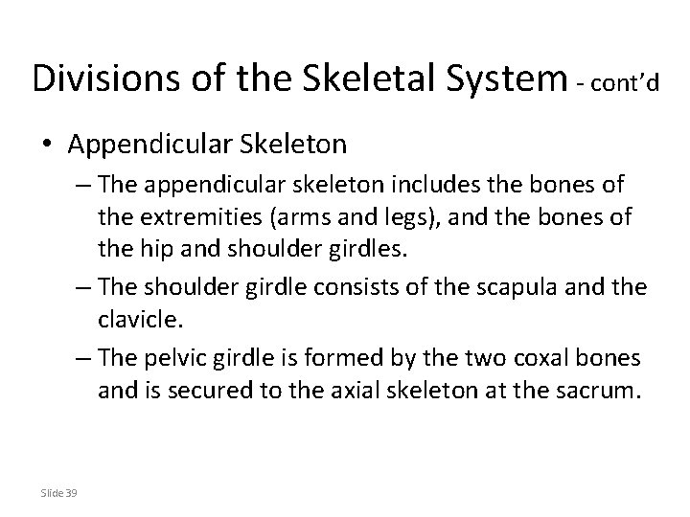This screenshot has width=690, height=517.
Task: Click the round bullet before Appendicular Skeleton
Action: point(47,146)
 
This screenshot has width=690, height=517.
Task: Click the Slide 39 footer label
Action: point(60,493)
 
